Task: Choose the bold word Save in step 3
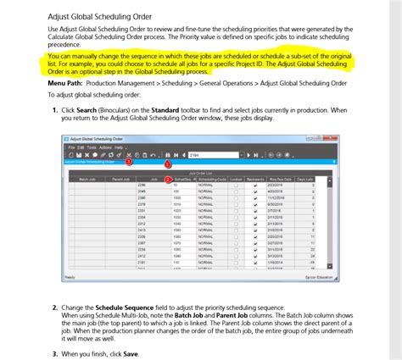coord(130,353)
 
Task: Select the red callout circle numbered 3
coord(128,160)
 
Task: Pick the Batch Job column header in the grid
coord(87,179)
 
